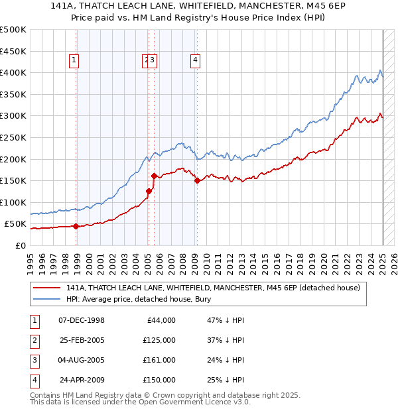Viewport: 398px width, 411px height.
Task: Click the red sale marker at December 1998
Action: [76, 226]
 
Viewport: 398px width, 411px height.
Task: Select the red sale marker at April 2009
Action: [197, 180]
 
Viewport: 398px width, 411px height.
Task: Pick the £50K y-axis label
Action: [16, 224]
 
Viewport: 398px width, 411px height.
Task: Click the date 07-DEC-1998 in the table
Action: [82, 320]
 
